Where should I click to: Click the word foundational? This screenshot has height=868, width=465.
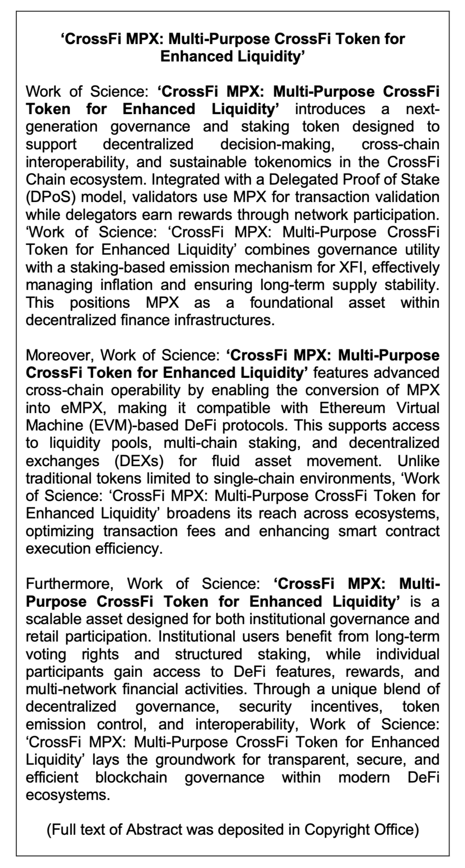(x=291, y=303)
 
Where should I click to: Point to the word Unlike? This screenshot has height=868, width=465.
(x=418, y=461)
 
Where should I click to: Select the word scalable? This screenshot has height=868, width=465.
(x=53, y=619)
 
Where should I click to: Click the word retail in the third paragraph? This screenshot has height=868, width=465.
(x=43, y=637)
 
